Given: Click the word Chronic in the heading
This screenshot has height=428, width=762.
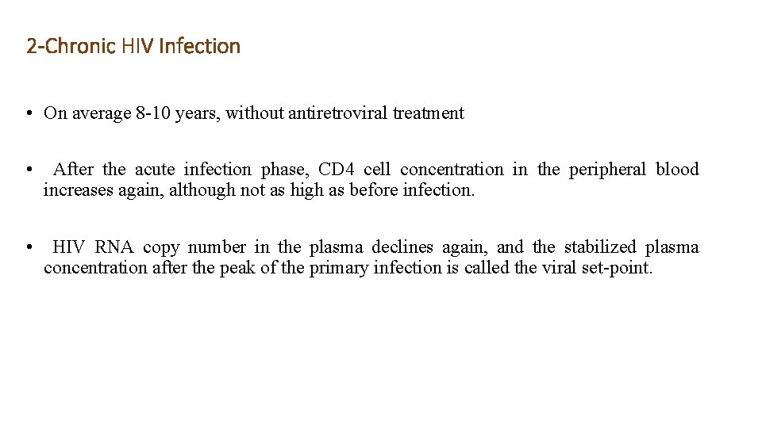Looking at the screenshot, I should tap(82, 47).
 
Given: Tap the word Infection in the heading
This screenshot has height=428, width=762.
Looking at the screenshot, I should tap(199, 47).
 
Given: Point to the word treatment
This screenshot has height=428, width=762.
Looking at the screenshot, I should tap(428, 113).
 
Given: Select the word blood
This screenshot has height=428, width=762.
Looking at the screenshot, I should tap(677, 170).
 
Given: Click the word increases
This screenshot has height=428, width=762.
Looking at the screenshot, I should tap(77, 190).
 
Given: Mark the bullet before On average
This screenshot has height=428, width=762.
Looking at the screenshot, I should tap(28, 113).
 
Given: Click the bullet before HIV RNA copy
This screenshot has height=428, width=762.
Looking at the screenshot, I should tap(28, 247).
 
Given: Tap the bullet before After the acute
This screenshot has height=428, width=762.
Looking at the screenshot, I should tap(28, 170).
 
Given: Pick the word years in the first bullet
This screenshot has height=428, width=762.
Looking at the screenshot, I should tap(195, 113).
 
